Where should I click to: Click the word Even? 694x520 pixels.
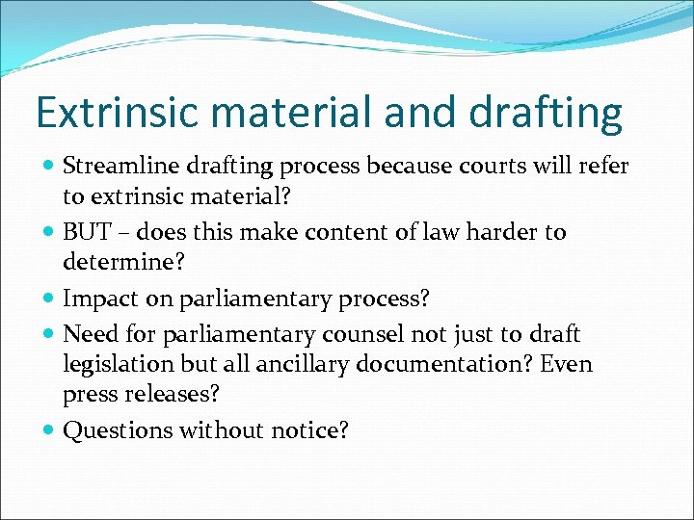coord(569,364)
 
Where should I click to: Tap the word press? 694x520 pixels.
coord(88,396)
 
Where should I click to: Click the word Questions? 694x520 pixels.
coord(117,430)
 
